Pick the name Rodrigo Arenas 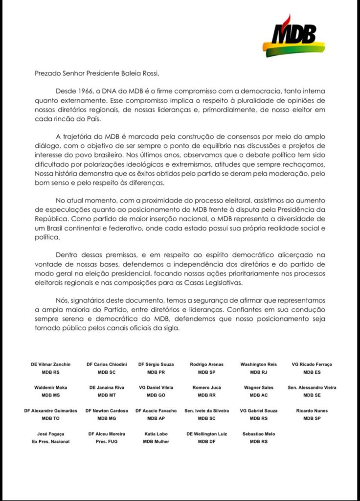(206, 364)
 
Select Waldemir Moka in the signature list (51, 387)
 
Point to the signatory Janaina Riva (106, 387)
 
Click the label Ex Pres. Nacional (51, 441)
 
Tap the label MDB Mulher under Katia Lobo (156, 441)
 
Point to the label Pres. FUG (106, 441)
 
